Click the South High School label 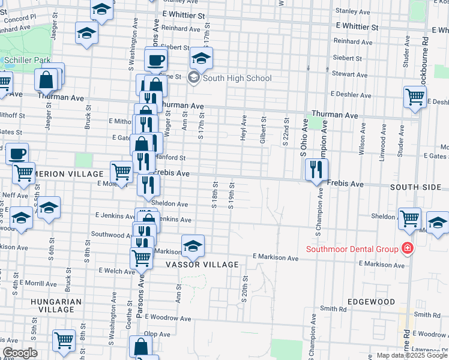[237, 78]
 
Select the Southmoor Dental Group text [352, 249]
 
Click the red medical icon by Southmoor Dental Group [408, 248]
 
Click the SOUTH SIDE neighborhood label [415, 188]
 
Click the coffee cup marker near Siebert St [156, 60]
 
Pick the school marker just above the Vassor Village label [193, 245]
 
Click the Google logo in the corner [19, 353]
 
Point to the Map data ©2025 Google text [412, 355]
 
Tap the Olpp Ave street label [158, 333]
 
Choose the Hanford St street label [171, 158]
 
